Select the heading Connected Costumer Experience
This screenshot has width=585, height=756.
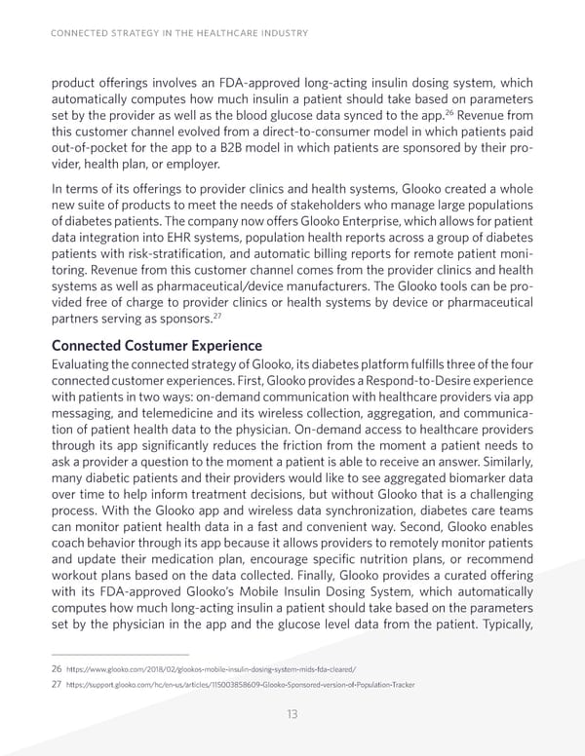point(156,346)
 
